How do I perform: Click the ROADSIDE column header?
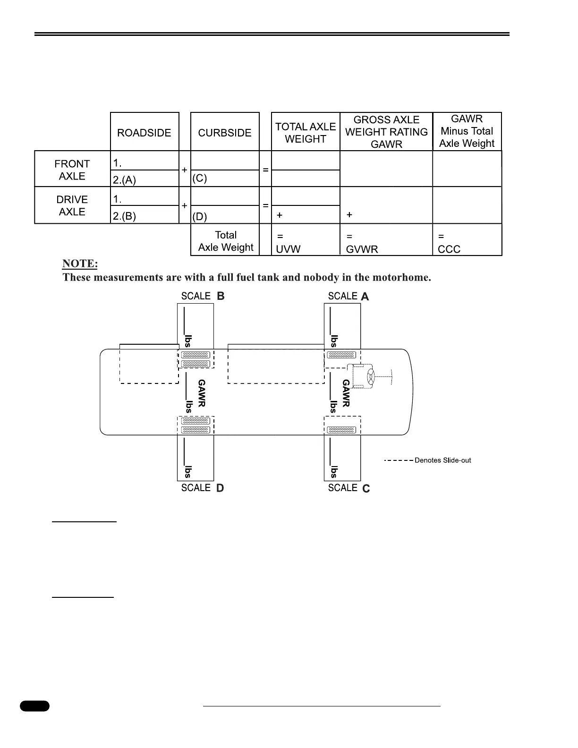[x=144, y=133]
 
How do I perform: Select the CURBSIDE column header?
[x=225, y=133]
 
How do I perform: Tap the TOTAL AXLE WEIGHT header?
[x=306, y=133]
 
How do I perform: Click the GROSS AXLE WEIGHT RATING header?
[x=386, y=132]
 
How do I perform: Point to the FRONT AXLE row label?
[x=72, y=170]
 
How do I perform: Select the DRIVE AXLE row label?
[x=72, y=205]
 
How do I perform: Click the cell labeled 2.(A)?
[x=125, y=179]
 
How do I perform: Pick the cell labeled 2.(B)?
[x=125, y=216]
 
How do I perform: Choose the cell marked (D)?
[x=200, y=216]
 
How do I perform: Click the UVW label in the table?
[x=288, y=249]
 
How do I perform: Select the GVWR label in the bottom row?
[x=362, y=249]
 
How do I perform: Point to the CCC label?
[x=449, y=249]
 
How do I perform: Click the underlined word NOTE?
[x=80, y=263]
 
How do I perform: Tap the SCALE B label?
[x=203, y=296]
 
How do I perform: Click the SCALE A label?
[x=348, y=296]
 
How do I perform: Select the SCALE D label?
[x=203, y=488]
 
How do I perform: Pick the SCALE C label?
[x=349, y=488]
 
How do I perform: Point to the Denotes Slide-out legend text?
[x=442, y=460]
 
